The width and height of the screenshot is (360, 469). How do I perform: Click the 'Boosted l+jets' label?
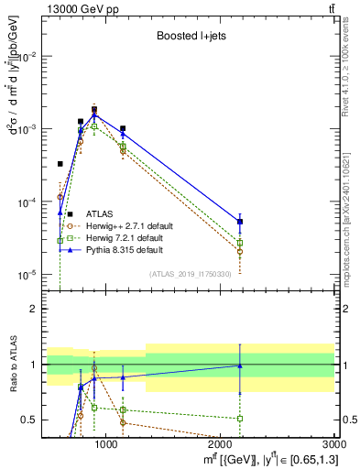tap(190, 37)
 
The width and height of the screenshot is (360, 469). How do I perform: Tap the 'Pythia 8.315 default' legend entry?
tap(124, 249)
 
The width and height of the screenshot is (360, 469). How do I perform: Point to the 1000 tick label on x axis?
tap(106, 445)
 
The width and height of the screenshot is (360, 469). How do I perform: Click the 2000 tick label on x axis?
tap(221, 445)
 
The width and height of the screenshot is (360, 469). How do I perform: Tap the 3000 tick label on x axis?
tap(334, 445)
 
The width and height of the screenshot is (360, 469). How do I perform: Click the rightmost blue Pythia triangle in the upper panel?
tap(240, 222)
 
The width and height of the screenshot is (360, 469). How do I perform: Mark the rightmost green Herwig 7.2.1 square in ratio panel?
tap(240, 418)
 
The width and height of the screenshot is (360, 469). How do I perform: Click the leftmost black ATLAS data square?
tap(60, 164)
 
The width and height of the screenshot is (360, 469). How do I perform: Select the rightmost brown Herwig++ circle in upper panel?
tap(240, 251)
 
